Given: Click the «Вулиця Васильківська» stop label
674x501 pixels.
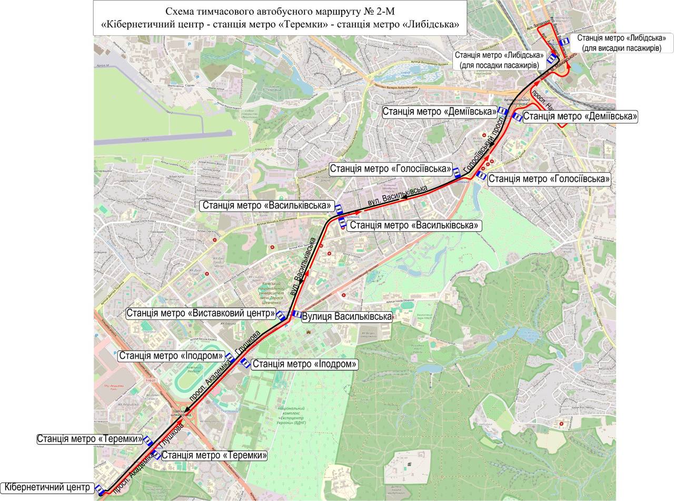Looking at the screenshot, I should pyautogui.click(x=347, y=317).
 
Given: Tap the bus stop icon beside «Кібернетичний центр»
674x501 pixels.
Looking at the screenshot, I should pyautogui.click(x=100, y=489).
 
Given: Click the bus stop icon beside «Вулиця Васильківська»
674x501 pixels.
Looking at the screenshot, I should pyautogui.click(x=296, y=315).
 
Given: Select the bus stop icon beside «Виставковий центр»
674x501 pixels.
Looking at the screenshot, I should pyautogui.click(x=282, y=316).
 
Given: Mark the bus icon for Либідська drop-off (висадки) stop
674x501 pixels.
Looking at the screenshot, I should pyautogui.click(x=564, y=41).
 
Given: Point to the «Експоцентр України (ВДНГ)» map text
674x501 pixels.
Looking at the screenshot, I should pyautogui.click(x=291, y=416).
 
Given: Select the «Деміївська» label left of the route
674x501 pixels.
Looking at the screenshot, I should pyautogui.click(x=439, y=112).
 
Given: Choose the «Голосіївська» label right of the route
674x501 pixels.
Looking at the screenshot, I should pyautogui.click(x=549, y=179).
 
